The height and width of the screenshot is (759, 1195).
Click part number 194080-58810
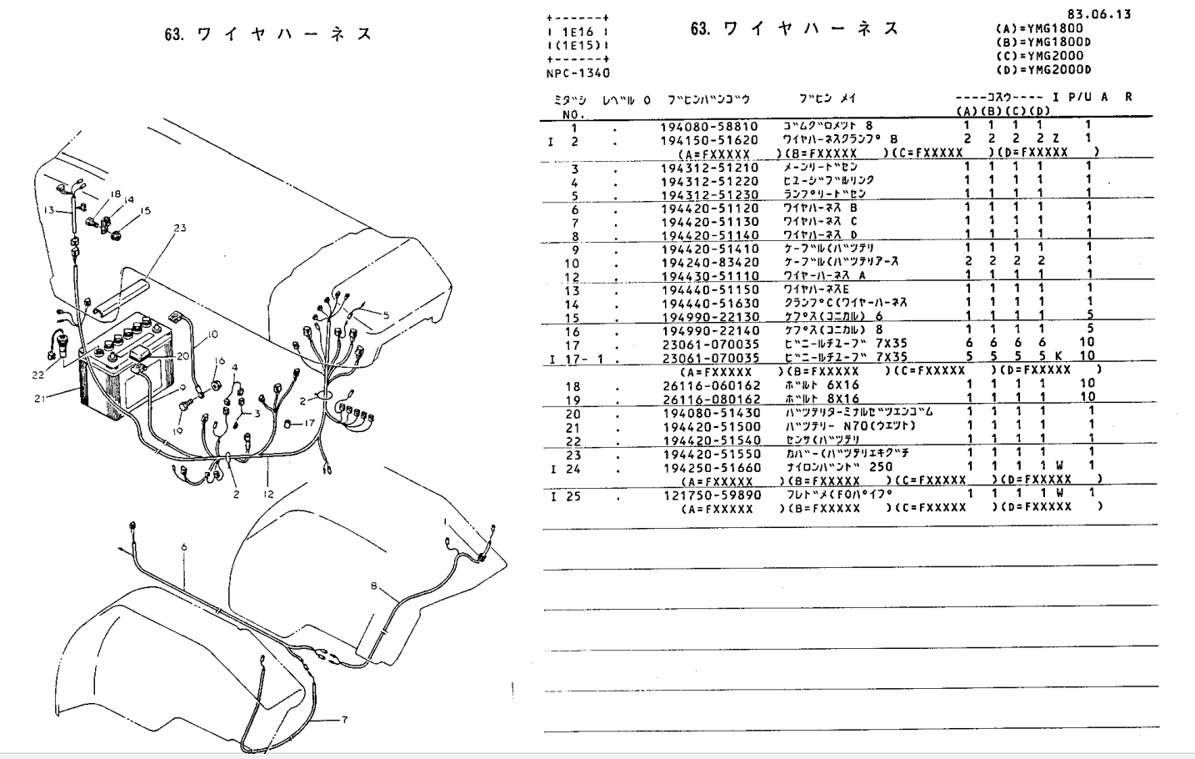pos(709,126)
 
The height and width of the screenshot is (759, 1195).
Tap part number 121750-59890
pos(711,495)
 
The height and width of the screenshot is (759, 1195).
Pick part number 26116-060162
pos(711,385)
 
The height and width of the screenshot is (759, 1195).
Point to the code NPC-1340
pos(577,73)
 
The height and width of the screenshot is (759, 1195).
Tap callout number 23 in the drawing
pos(180,229)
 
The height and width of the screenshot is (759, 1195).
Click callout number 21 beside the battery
pos(40,398)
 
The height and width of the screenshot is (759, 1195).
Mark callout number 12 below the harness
pos(267,495)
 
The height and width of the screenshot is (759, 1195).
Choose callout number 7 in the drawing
pos(343,719)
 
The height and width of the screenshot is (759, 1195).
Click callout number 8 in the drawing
pos(373,586)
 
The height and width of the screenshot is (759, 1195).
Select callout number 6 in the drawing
pos(183,547)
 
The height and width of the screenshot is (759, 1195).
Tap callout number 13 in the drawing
pos(48,210)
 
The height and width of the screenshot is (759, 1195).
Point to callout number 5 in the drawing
pos(386,315)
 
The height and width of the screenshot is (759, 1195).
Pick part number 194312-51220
pos(709,181)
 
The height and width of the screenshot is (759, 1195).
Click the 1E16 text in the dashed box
pos(577,31)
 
